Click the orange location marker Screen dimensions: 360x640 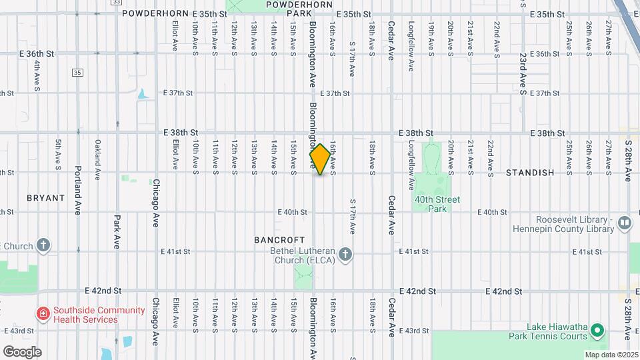[320, 159]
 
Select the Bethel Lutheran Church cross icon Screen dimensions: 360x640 [345, 254]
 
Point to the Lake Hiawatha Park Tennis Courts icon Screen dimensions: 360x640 [598, 330]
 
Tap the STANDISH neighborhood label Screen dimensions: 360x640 [530, 173]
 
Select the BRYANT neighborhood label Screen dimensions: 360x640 [46, 198]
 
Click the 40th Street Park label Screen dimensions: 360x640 [437, 204]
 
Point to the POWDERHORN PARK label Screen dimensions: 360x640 [291, 9]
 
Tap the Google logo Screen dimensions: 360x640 [22, 351]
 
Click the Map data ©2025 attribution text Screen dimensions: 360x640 [611, 355]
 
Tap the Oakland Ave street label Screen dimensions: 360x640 [97, 159]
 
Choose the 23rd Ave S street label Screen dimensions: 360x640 [524, 74]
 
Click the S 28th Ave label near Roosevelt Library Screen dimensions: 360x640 [628, 160]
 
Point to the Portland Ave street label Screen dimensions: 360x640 [78, 190]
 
